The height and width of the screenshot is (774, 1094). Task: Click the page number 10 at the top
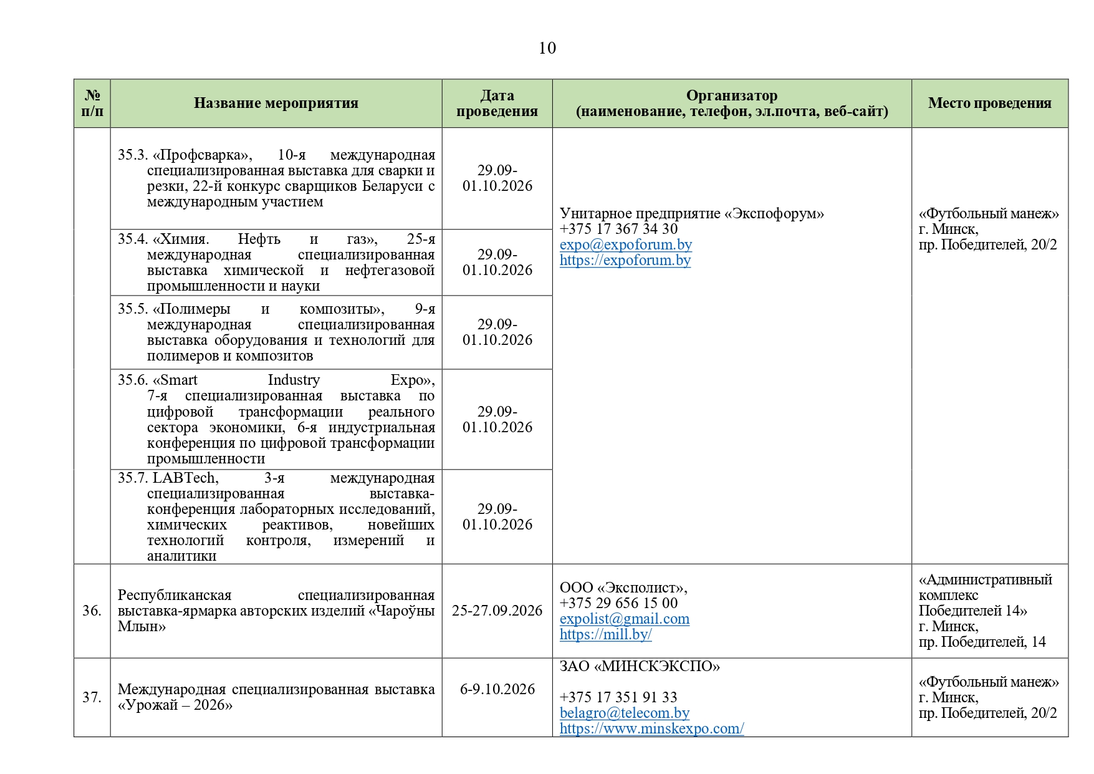pyautogui.click(x=547, y=48)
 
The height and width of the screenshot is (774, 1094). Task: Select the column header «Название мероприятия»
pyautogui.click(x=276, y=104)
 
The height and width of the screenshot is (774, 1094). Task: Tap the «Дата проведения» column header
pyautogui.click(x=497, y=104)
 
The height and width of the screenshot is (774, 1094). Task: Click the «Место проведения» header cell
pyautogui.click(x=989, y=104)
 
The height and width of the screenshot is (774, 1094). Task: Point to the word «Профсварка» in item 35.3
pyautogui.click(x=203, y=155)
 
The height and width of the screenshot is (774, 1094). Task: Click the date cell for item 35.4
pyautogui.click(x=497, y=263)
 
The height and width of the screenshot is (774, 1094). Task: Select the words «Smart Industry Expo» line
pyautogui.click(x=293, y=380)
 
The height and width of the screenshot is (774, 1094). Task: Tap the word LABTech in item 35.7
pyautogui.click(x=185, y=478)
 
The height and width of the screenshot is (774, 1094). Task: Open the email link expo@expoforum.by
pyautogui.click(x=625, y=244)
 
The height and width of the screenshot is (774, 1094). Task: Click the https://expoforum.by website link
pyautogui.click(x=625, y=260)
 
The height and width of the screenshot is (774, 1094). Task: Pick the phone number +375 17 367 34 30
pyautogui.click(x=618, y=229)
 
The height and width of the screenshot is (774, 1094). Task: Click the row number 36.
pyautogui.click(x=92, y=611)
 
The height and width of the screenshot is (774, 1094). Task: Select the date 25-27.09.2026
pyautogui.click(x=497, y=611)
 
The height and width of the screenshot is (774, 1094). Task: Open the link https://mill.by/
pyautogui.click(x=605, y=634)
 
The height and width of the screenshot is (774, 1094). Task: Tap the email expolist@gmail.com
pyautogui.click(x=624, y=619)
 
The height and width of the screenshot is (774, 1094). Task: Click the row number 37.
pyautogui.click(x=92, y=697)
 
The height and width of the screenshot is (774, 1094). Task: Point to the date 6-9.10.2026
pyautogui.click(x=497, y=689)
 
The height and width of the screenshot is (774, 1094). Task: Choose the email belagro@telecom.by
pyautogui.click(x=624, y=713)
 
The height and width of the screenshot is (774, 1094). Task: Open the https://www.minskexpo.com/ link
pyautogui.click(x=651, y=728)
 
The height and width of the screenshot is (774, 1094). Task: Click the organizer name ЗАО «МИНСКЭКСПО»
pyautogui.click(x=639, y=666)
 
